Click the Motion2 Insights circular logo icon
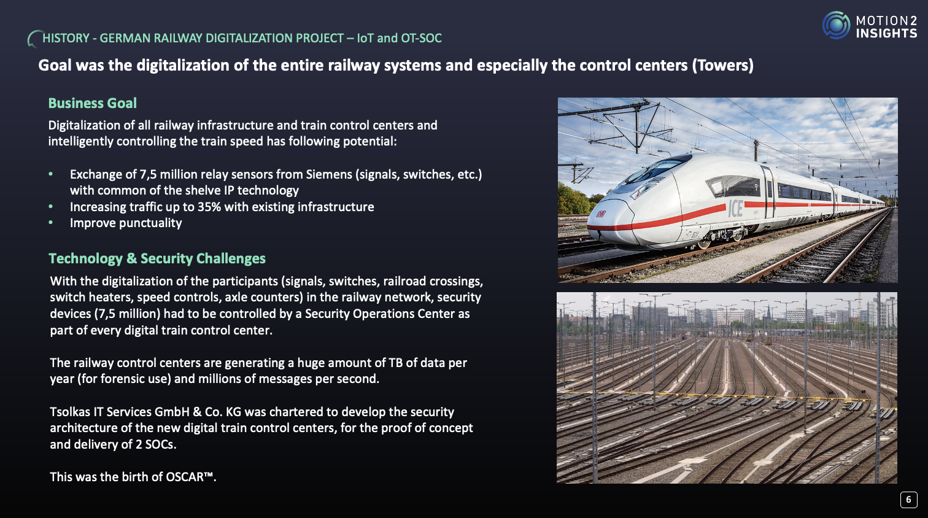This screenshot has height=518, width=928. (836, 25)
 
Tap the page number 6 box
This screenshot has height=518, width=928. (908, 500)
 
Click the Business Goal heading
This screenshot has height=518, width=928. (93, 103)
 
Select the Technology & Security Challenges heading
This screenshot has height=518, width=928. (157, 258)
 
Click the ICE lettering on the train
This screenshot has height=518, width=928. (736, 209)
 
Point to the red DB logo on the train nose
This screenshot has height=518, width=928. (601, 214)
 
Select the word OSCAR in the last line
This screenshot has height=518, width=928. (184, 477)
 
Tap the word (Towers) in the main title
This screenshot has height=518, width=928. (722, 66)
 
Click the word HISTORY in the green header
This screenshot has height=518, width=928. (66, 38)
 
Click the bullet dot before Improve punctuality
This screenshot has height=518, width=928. (50, 223)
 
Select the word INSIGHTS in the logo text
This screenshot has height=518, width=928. (886, 34)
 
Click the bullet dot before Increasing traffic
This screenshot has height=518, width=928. (50, 206)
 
